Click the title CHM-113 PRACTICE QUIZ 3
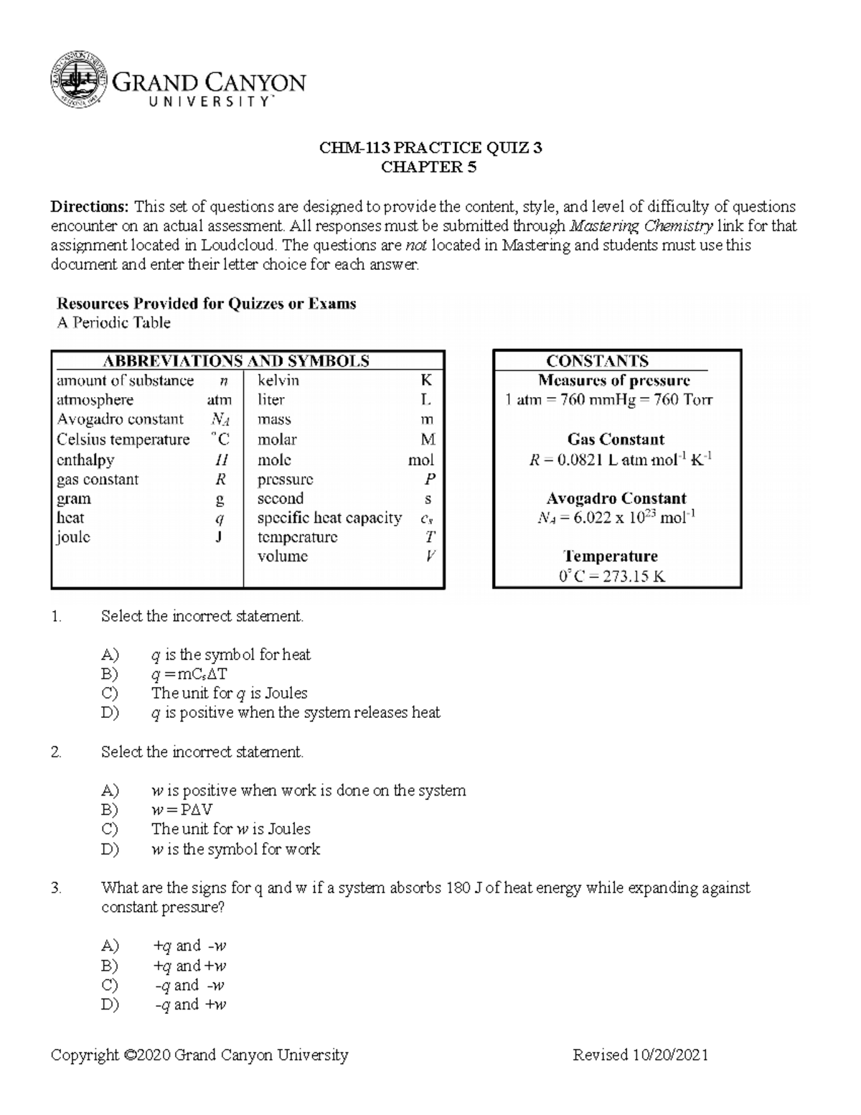pos(430,148)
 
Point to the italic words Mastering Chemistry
pos(641,226)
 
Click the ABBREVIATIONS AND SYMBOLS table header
pos(236,361)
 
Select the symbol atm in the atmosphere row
pos(219,400)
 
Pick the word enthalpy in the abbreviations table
pos(85,459)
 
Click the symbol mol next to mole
pos(420,460)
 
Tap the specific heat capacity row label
pos(329,518)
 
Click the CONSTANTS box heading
pos(597,361)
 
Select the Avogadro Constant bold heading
pos(616,498)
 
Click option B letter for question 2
pos(109,810)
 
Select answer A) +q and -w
pos(189,946)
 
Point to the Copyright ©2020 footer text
pos(199,1055)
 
